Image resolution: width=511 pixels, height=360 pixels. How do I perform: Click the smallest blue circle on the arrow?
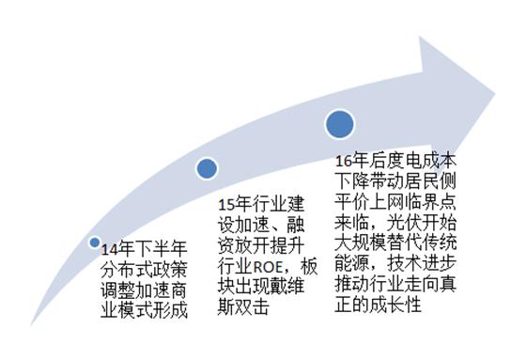click(94, 243)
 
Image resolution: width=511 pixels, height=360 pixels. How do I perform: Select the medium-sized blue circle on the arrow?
click(207, 168)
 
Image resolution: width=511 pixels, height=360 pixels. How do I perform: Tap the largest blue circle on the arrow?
click(340, 123)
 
